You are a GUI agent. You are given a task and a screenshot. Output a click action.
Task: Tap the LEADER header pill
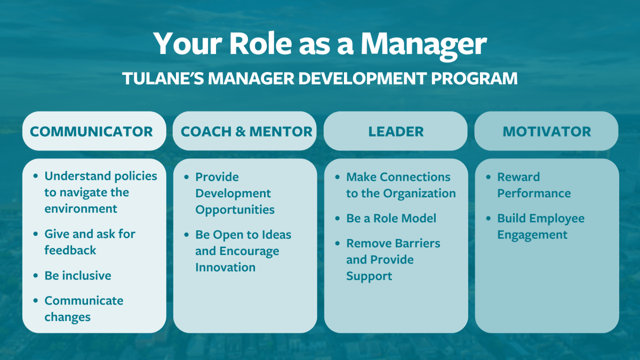396,131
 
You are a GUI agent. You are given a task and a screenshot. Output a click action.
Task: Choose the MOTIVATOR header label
547,131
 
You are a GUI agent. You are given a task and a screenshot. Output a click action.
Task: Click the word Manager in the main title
423,44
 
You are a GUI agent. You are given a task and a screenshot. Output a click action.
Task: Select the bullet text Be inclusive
78,276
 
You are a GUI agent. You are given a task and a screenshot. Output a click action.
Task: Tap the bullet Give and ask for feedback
90,242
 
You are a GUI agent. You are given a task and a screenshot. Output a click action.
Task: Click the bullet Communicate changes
84,308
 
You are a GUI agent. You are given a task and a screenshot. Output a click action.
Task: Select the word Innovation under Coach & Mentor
225,267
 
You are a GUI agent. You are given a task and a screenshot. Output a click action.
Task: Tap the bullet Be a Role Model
391,218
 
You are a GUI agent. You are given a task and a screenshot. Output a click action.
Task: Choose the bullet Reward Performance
533,185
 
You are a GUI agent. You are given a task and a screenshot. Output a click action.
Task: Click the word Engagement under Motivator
532,235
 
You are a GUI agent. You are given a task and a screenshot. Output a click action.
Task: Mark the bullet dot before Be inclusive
36,276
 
